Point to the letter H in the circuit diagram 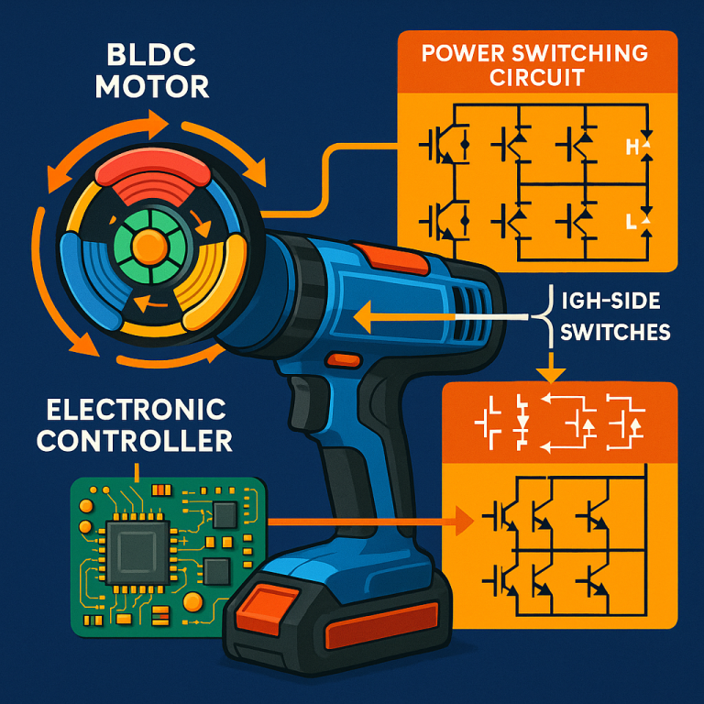631,146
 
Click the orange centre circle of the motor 147,245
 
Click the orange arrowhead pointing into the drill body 360,318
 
